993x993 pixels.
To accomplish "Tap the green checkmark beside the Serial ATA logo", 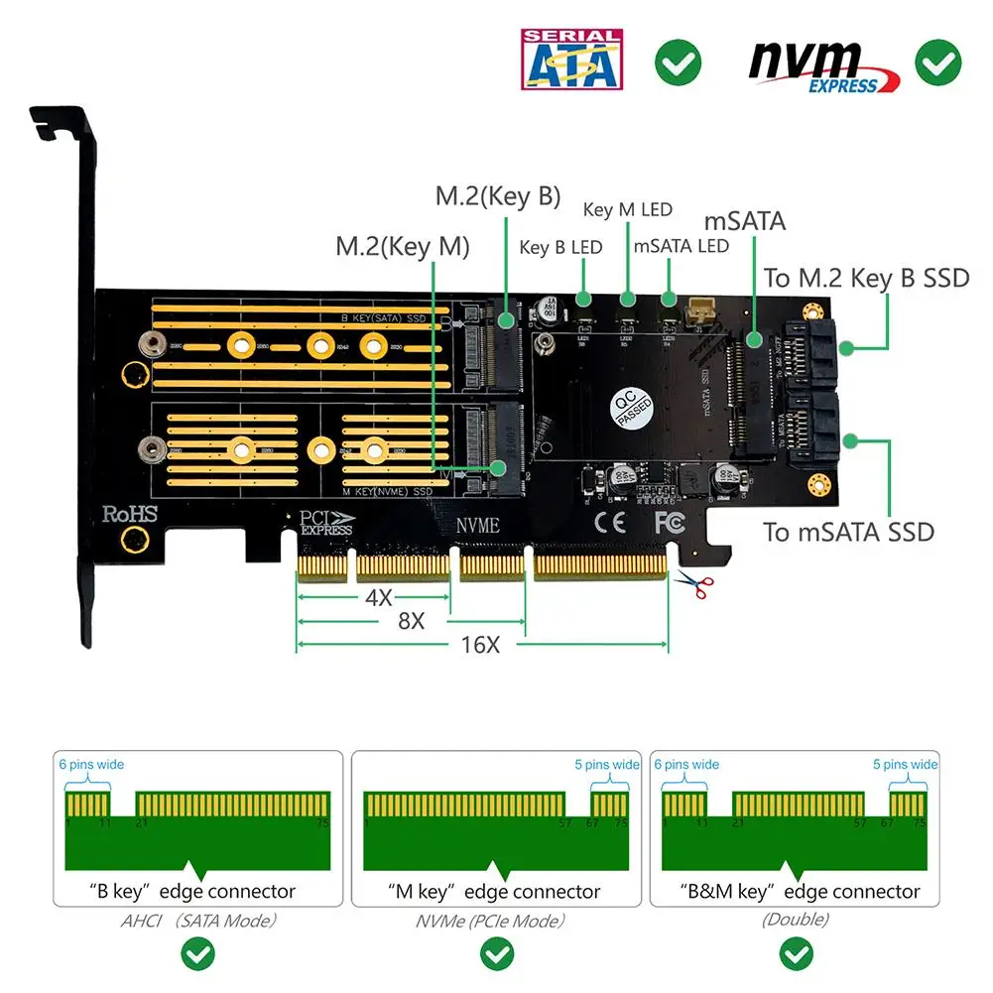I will tap(678, 63).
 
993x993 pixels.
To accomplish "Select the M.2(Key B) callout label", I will tap(498, 196).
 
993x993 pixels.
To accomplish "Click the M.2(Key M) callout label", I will tap(402, 246).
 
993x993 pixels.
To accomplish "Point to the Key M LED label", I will tap(627, 209).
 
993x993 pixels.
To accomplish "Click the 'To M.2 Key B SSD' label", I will tap(865, 278).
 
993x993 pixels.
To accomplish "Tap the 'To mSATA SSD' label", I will tap(848, 532).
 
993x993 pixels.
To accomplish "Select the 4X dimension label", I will tap(377, 598).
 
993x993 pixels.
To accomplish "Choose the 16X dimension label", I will tap(480, 645).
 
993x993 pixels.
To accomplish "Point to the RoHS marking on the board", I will tap(129, 514).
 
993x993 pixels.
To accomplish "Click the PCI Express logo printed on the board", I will tap(326, 522).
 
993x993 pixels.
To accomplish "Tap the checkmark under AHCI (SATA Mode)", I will tap(199, 955).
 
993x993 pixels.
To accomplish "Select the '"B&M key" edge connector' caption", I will tap(800, 892).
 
